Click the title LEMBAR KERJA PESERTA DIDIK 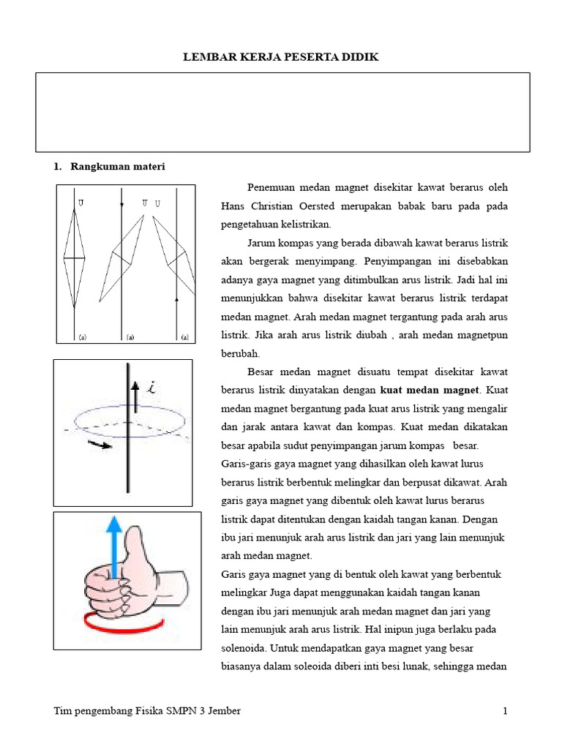(x=281, y=57)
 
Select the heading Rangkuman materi (x=117, y=167)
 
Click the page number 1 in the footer (x=505, y=711)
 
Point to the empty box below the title (x=282, y=112)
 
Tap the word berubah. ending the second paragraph (x=240, y=353)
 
